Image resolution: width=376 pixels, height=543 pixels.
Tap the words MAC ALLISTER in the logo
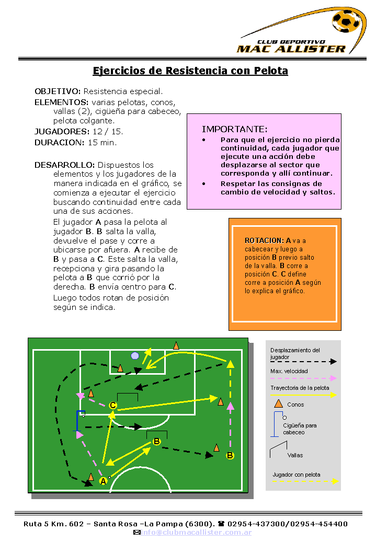291,49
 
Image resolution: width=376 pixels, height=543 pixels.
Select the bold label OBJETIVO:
58,91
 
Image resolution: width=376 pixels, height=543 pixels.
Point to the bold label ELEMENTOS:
61,102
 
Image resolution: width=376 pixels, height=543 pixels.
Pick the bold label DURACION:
59,143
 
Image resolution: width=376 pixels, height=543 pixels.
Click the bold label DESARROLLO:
64,165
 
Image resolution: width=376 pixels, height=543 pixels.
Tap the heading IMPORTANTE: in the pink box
235,129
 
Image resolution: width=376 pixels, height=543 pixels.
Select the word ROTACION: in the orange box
264,241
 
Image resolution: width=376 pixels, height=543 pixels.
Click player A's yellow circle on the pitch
103,481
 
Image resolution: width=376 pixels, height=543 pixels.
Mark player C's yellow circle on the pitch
113,405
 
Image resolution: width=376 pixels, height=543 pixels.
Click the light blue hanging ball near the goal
135,356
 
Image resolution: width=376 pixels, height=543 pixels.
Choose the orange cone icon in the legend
279,403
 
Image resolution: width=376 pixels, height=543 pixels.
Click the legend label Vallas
295,455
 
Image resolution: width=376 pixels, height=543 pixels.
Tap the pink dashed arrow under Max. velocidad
303,378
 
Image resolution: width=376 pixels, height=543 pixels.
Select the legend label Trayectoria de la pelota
300,388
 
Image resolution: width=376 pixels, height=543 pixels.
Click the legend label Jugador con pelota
297,475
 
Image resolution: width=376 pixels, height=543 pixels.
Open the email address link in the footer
196,533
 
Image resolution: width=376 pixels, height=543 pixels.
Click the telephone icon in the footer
221,524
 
